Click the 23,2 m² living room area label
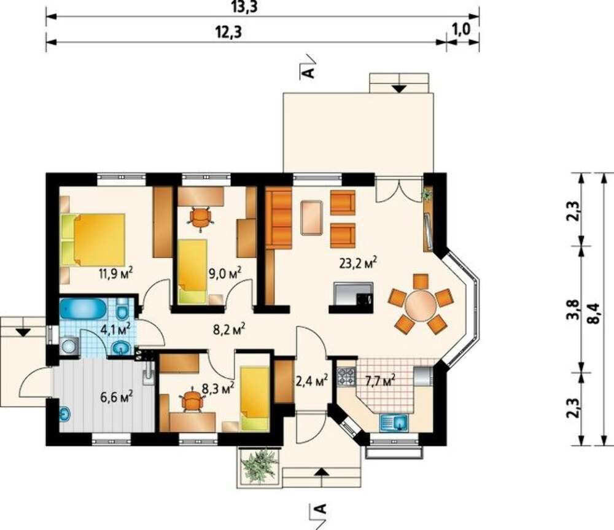(x=358, y=262)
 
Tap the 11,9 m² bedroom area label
(x=115, y=272)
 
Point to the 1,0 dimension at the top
(x=462, y=29)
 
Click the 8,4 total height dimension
(x=594, y=313)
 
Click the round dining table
(x=421, y=306)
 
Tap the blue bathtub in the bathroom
(x=83, y=309)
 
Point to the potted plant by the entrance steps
(x=260, y=466)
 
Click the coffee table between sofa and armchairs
(x=312, y=218)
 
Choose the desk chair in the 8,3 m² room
(x=192, y=400)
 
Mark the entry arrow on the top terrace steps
(x=400, y=88)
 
